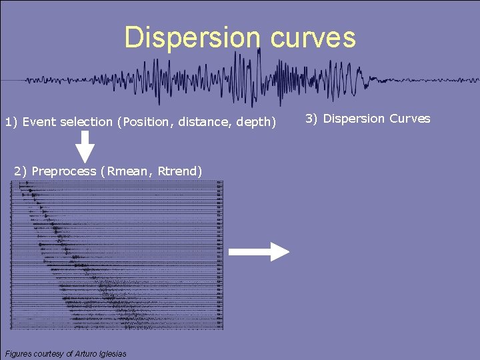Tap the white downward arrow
pos(85,146)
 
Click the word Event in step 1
pos(39,122)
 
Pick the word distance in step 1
pos(201,122)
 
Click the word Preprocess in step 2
pos(63,171)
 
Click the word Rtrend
pos(178,171)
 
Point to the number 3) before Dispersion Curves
pos(311,119)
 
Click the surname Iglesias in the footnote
pos(113,353)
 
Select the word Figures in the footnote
pos(19,353)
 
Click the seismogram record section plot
pos(117,256)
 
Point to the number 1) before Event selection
pos(11,122)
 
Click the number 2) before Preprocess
pos(21,171)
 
